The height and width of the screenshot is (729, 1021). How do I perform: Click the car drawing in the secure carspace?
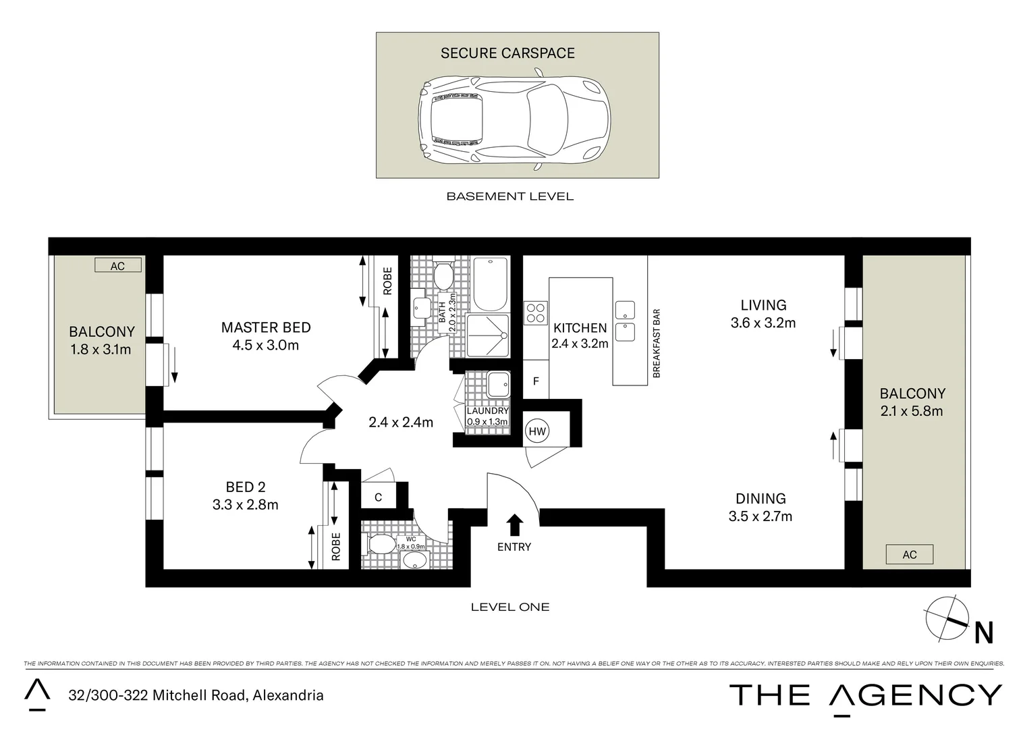pos(514,119)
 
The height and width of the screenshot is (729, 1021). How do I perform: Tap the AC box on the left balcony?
pos(118,266)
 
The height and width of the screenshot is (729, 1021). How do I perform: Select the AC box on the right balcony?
pos(909,554)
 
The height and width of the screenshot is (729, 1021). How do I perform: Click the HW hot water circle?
pos(537,431)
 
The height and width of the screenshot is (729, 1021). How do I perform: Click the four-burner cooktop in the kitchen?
pos(536,313)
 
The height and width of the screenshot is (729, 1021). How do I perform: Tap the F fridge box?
pos(536,381)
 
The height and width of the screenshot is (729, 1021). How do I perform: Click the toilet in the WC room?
pos(381,543)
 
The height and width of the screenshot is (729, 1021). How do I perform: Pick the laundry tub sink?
pos(499,385)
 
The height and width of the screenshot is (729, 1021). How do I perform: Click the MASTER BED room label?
pos(266,327)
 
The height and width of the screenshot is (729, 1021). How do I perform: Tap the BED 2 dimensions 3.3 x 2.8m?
pos(245,504)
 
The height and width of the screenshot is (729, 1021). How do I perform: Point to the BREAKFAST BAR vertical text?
pos(656,343)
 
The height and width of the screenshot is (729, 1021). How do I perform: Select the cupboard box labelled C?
pos(379,497)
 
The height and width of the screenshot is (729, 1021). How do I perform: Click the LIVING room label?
pos(763,305)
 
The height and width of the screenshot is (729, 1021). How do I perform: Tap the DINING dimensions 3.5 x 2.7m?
pos(760,516)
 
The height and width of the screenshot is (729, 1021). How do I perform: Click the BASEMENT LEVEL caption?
pos(509,196)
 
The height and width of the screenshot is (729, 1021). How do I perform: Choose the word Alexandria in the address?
pos(287,695)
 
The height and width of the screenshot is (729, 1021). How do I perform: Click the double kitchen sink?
pos(625,321)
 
